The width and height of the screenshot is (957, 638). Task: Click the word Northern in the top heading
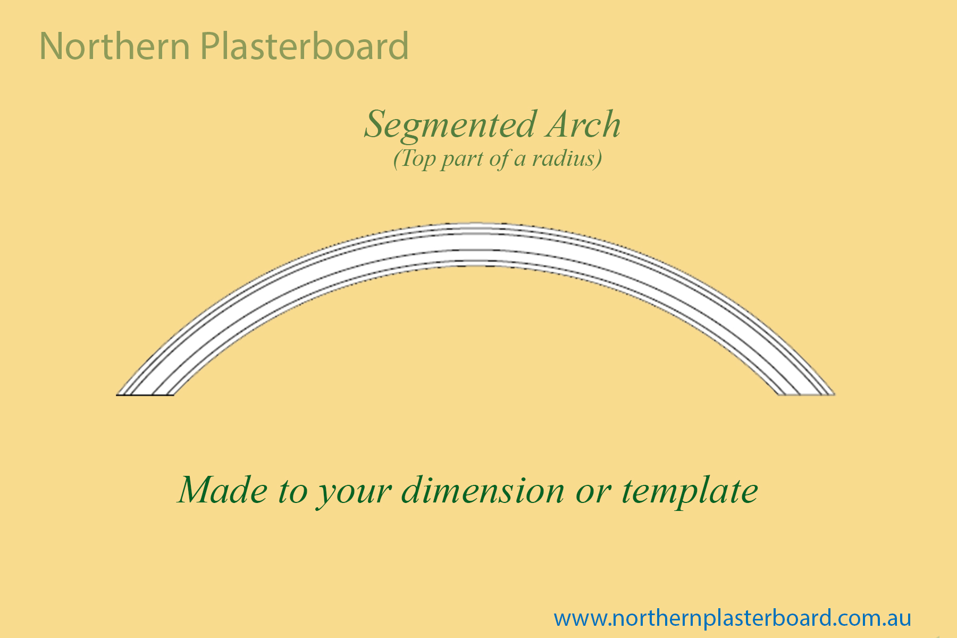tap(114, 46)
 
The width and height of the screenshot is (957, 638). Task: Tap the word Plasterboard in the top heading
tap(305, 46)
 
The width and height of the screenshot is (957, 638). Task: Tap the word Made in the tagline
tap(223, 490)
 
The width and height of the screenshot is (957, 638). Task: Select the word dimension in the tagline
tap(483, 490)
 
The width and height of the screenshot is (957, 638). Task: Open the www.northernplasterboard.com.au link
tap(732, 618)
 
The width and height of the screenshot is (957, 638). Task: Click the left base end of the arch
tap(145, 394)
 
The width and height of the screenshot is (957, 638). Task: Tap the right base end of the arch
tap(806, 394)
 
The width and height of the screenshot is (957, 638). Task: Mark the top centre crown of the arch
tap(476, 223)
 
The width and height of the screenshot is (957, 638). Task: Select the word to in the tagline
tap(292, 492)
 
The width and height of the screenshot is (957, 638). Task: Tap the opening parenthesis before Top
tap(397, 159)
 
